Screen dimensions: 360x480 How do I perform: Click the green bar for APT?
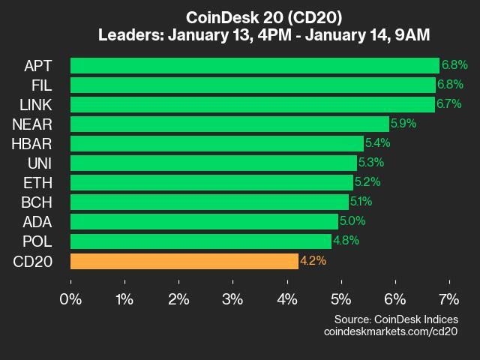255,65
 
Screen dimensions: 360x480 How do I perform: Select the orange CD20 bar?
184,261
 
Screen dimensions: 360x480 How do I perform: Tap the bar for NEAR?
229,124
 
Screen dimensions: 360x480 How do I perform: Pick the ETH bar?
211,182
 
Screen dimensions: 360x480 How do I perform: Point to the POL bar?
201,241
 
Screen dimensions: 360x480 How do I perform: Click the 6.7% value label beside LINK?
448,104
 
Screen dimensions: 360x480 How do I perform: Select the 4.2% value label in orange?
313,261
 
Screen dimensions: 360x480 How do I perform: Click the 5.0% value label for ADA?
352,221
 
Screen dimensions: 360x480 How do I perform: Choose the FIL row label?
40,85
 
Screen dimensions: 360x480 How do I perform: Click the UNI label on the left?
38,163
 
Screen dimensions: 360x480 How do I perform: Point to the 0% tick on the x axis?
70,298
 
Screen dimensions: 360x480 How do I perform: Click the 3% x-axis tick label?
232,298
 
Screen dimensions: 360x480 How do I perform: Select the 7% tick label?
448,298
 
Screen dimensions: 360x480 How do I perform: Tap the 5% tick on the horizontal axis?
340,298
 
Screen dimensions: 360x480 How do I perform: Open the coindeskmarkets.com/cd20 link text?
390,331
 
